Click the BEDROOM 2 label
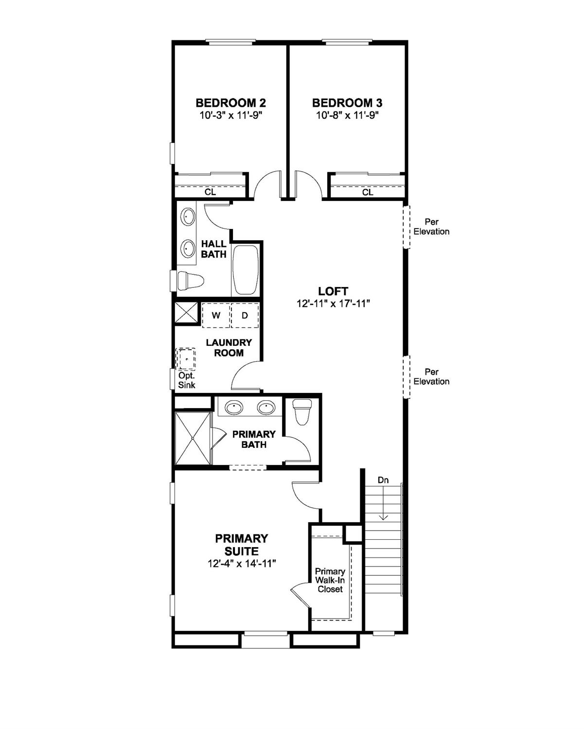[x=230, y=103]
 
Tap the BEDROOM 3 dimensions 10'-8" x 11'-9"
[x=347, y=115]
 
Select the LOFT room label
[x=333, y=291]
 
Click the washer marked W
[x=216, y=315]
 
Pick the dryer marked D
[x=245, y=315]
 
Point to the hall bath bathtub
[x=246, y=270]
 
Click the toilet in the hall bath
[x=190, y=281]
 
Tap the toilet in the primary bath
[x=302, y=411]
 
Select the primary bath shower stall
[x=193, y=438]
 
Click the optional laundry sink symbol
[x=186, y=359]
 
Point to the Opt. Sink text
[x=187, y=380]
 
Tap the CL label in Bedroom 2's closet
[x=210, y=192]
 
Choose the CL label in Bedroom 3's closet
[x=368, y=192]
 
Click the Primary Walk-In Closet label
[x=330, y=580]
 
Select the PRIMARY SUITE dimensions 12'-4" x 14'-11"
[x=242, y=564]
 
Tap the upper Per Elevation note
[x=431, y=227]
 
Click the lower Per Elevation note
[x=431, y=377]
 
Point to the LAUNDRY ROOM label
[x=229, y=348]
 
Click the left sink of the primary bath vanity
[x=234, y=408]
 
